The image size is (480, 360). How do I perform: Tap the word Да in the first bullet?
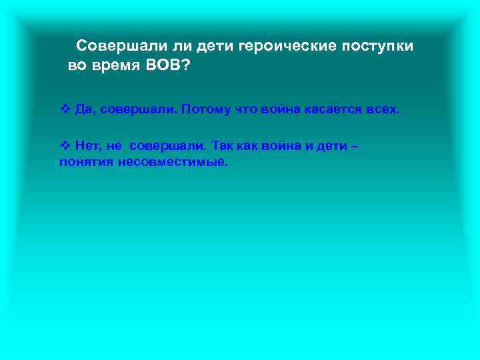pos(83,108)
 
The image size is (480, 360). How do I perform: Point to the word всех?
pos(383,108)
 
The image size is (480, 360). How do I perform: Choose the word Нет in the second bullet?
pos(87,145)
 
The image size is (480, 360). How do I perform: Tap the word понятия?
pos(86,162)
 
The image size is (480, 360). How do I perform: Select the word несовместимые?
pos(173,162)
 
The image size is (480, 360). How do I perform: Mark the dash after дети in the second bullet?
pos(354,145)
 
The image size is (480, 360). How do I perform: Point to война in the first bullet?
pos(278,108)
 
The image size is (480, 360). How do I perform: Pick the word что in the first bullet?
pos(245,108)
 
